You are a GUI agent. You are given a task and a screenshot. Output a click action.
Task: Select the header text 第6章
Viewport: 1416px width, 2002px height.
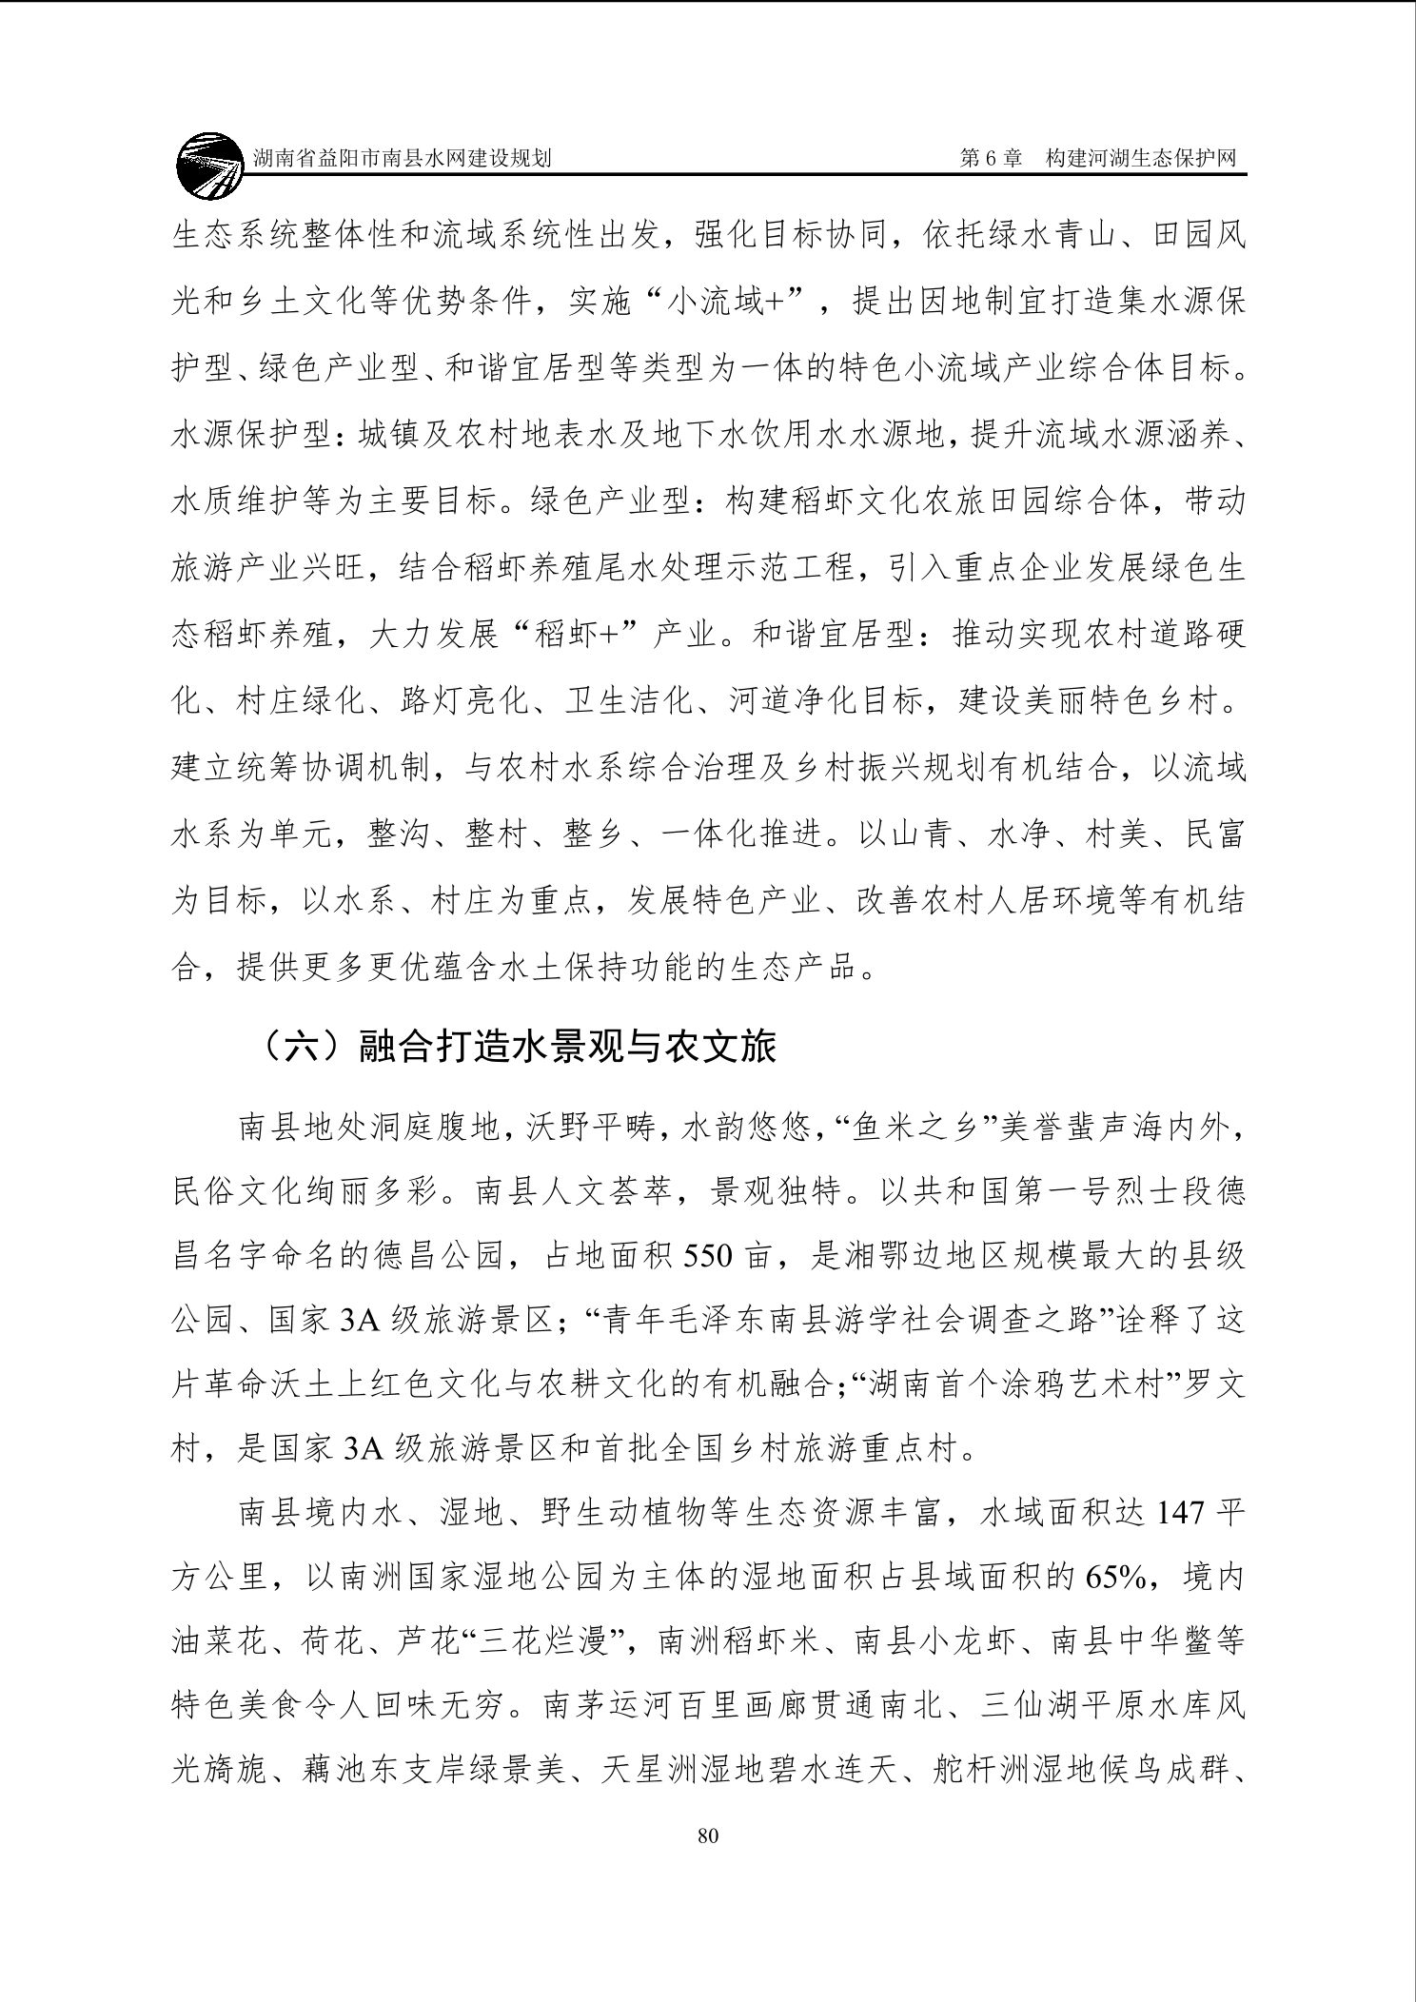(x=990, y=159)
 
